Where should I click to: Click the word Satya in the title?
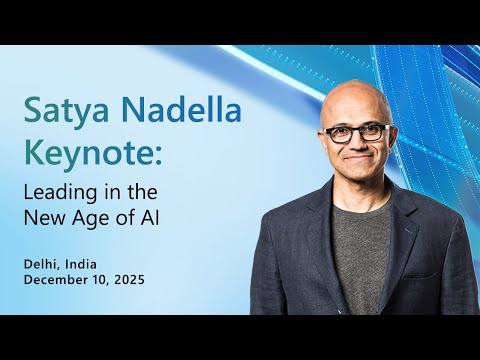65,110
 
